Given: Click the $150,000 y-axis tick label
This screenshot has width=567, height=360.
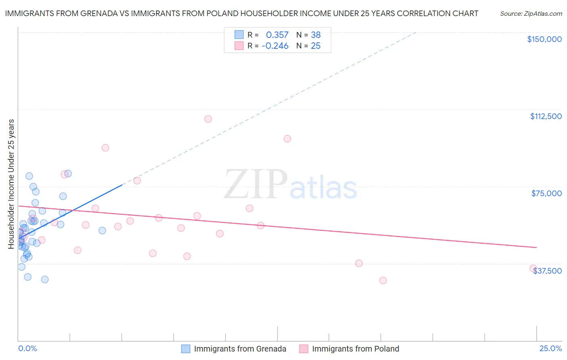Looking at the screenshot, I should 544,39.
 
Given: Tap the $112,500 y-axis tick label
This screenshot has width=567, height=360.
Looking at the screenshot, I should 546,116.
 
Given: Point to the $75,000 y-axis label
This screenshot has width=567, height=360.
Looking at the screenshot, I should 546,193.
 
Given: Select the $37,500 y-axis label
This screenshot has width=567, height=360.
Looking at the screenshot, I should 547,271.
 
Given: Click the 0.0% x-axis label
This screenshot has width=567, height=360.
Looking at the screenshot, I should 27,348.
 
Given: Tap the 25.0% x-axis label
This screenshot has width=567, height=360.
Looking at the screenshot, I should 550,348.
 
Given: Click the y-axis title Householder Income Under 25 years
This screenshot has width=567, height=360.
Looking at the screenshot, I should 11,184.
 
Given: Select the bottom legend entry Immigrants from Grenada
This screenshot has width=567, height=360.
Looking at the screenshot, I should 240,349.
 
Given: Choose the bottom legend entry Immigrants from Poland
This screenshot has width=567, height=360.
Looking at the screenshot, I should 355,349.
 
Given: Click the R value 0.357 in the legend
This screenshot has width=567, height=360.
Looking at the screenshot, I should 277,35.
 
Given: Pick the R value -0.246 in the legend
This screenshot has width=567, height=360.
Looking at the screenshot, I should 275,46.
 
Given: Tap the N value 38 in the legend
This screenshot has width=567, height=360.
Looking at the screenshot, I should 315,35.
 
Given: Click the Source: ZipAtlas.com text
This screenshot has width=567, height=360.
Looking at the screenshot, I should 531,13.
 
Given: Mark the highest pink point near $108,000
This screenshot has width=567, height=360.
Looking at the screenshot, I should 208,119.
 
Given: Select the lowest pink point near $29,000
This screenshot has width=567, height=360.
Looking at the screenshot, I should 383,280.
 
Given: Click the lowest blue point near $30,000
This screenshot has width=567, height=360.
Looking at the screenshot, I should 45,280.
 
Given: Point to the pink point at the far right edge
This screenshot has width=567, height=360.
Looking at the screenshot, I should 533,268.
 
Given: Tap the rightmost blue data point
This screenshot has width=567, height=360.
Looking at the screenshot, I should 102,230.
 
